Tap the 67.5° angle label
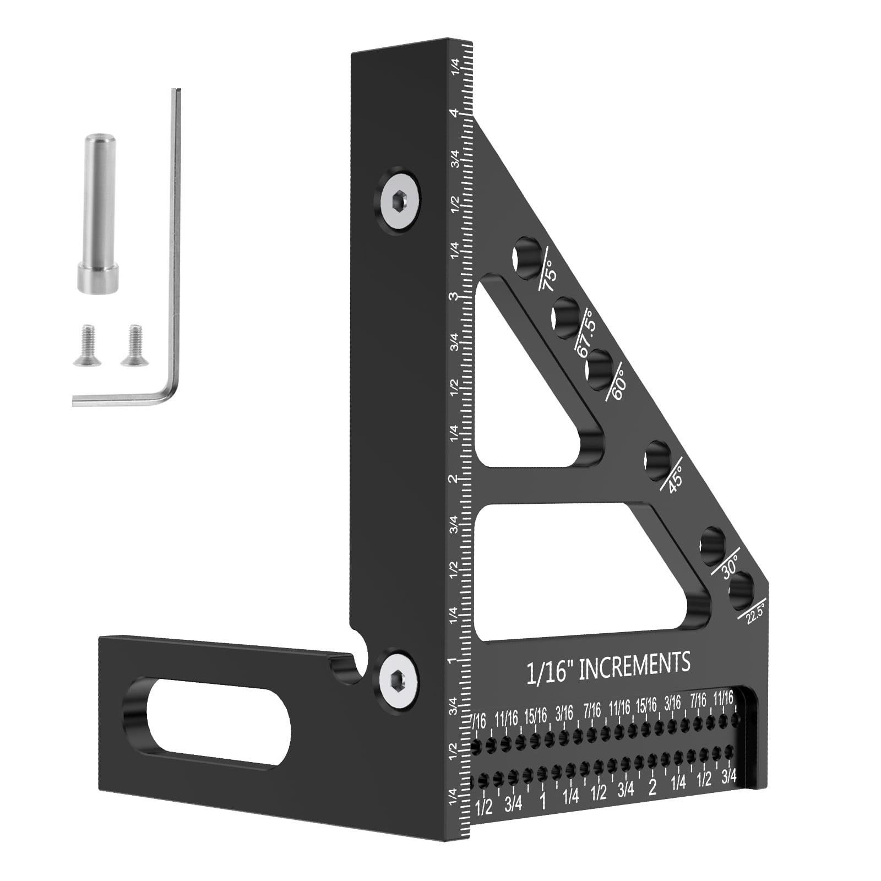point(588,337)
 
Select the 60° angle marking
point(618,385)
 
